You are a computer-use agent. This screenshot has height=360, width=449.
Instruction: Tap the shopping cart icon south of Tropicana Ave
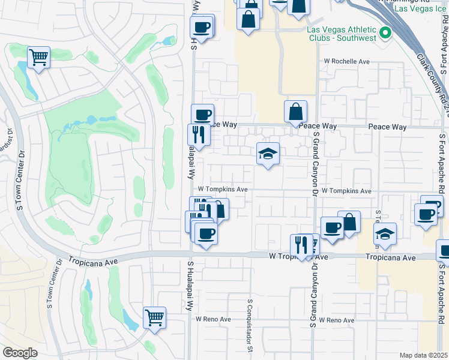tap(154, 317)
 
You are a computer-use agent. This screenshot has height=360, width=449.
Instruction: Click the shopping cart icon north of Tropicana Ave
tap(38, 58)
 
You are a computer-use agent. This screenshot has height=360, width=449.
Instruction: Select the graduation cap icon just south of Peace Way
tap(268, 154)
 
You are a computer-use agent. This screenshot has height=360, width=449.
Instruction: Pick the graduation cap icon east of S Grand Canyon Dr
tap(384, 233)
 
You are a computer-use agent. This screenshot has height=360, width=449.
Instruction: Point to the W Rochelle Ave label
tap(347, 61)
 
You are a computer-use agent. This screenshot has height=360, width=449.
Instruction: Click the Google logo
tap(20, 353)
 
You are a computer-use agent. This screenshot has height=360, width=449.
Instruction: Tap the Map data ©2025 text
tap(423, 355)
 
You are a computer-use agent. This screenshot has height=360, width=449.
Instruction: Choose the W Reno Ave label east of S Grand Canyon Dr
tap(336, 321)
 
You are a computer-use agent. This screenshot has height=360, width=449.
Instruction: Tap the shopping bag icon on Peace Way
tap(296, 112)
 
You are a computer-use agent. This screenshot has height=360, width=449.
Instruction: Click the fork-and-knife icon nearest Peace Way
tap(198, 134)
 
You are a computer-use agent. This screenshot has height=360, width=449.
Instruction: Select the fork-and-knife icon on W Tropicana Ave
tap(301, 244)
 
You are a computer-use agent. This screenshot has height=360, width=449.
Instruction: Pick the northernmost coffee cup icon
tap(202, 27)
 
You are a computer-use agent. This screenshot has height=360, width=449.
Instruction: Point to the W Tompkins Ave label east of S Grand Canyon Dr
tap(346, 191)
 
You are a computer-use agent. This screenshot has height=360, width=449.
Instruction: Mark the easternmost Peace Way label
tap(387, 127)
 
